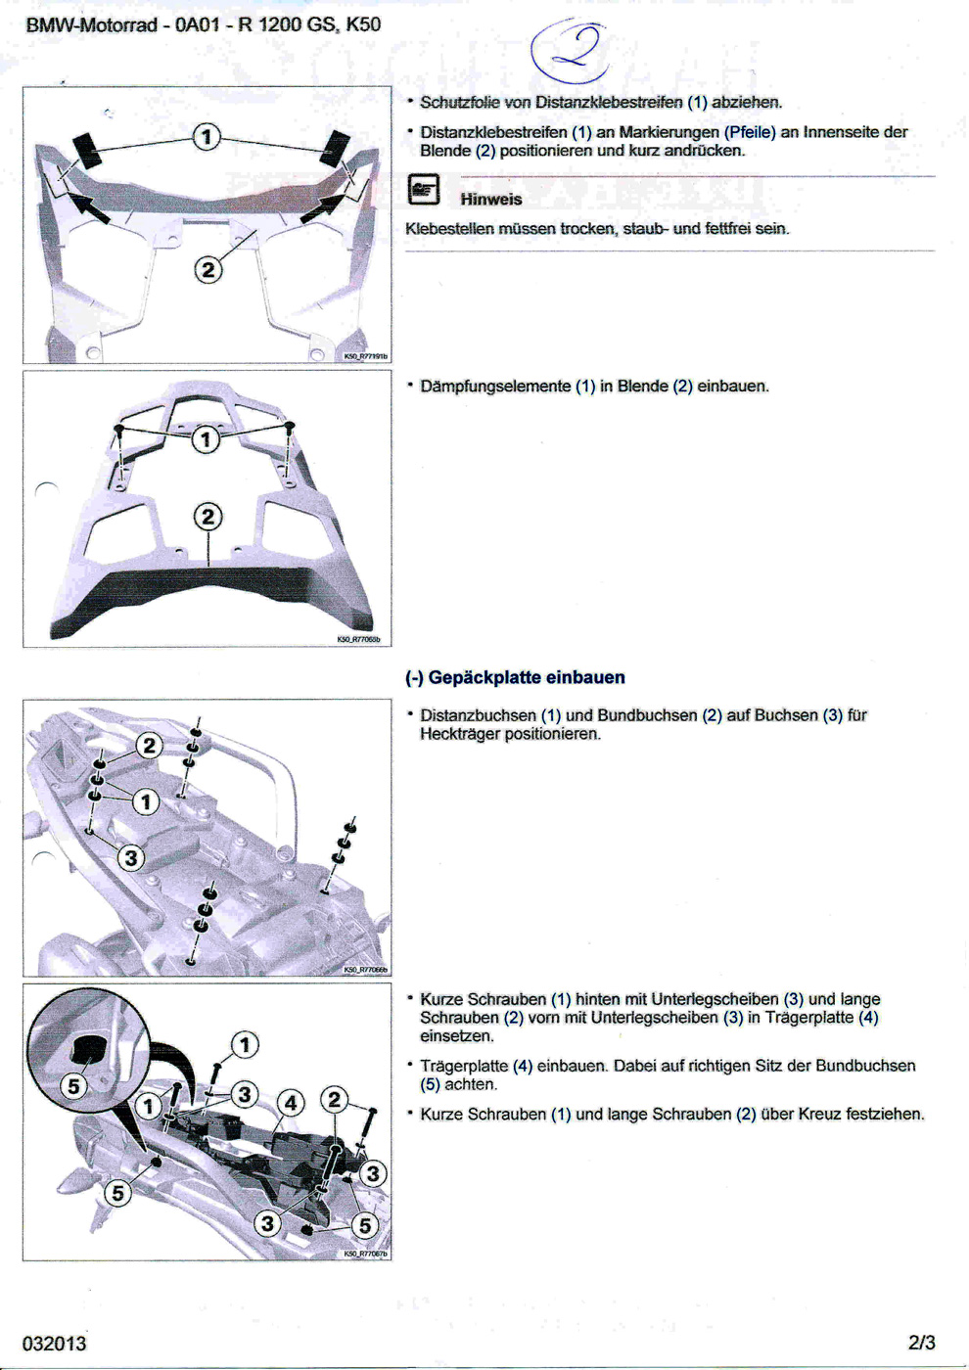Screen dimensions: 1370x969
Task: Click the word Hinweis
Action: click(490, 200)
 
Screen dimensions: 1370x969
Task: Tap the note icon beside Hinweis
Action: click(423, 190)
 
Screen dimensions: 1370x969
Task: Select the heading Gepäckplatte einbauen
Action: click(515, 677)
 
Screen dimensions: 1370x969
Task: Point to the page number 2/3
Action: click(921, 1343)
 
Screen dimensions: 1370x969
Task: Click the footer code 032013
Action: click(54, 1344)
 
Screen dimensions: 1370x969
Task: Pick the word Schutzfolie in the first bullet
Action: click(459, 102)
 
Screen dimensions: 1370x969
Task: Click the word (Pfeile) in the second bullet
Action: click(750, 132)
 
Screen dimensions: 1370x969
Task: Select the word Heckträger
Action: click(460, 734)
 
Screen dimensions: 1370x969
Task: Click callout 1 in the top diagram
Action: click(206, 136)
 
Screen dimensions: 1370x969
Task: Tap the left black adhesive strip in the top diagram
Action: click(88, 148)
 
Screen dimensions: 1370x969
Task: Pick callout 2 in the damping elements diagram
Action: click(207, 516)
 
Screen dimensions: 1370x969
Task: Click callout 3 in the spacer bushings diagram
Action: click(130, 858)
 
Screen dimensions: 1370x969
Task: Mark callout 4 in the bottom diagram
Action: click(291, 1103)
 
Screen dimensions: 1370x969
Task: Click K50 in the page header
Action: click(363, 24)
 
